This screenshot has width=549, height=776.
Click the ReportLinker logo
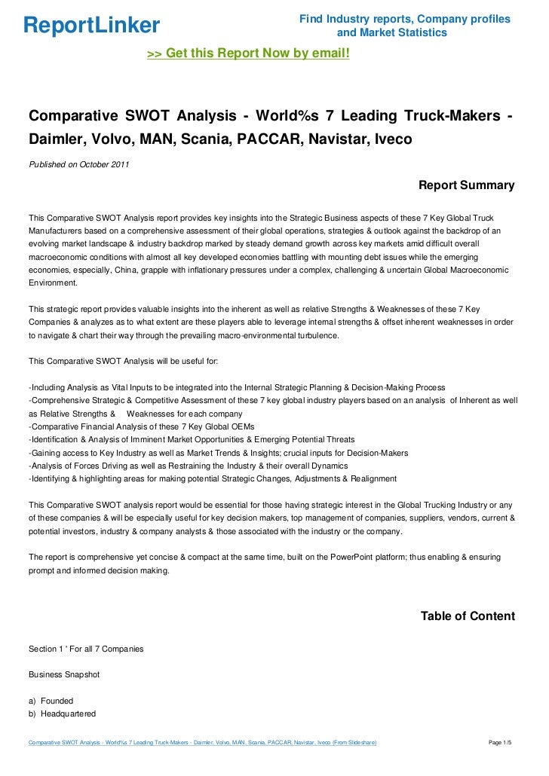click(x=92, y=26)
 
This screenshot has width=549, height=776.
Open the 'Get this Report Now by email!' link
click(x=248, y=53)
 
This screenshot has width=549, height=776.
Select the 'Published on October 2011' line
click(x=78, y=165)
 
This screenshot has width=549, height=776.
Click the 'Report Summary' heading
click(x=466, y=185)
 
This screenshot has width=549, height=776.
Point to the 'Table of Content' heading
click(x=468, y=616)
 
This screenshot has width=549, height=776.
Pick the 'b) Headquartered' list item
click(x=63, y=713)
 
